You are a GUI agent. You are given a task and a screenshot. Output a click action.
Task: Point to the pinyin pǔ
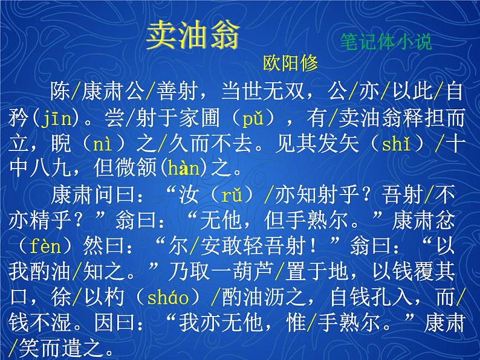pyautogui.click(x=253, y=118)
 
